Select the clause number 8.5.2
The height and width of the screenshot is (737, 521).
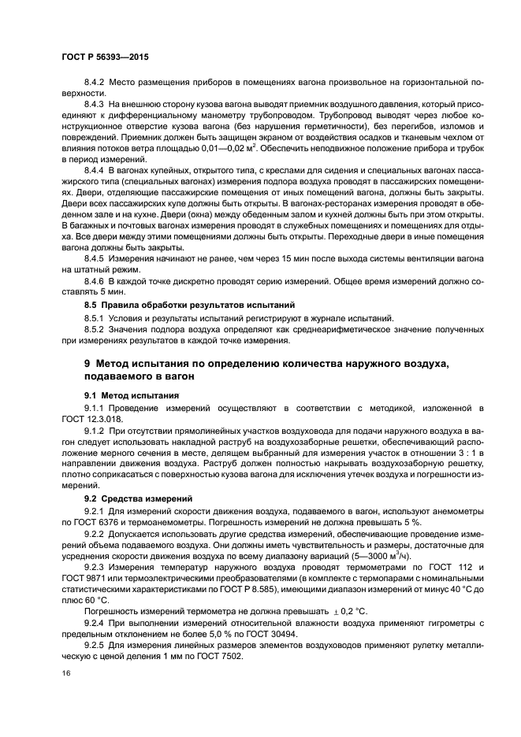tap(95, 330)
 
